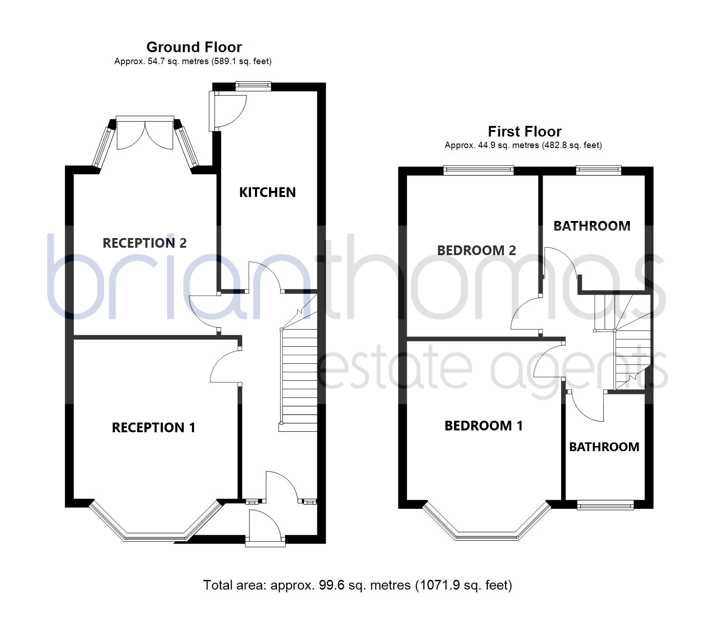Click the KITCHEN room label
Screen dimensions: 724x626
[267, 192]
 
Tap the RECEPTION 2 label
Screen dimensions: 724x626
[144, 243]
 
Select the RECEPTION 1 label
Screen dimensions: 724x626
[153, 428]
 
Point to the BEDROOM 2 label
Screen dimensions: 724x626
[476, 250]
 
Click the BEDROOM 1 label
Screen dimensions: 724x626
[484, 426]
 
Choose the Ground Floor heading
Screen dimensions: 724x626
[194, 47]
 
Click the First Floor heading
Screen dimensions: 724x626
[525, 131]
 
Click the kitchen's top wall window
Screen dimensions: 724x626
[253, 86]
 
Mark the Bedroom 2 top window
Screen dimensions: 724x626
[479, 170]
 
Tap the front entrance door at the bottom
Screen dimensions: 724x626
[265, 528]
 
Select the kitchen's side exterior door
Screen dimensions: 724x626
[227, 111]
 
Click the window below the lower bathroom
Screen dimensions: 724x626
[605, 505]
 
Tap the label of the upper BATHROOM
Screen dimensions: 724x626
[592, 226]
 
